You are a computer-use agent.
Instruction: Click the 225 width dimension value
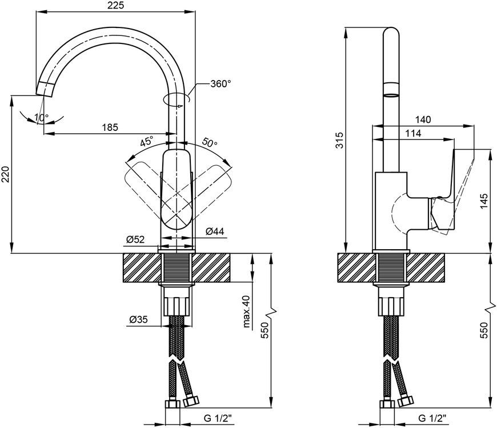[x=116, y=5]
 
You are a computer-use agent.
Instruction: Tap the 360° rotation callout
[x=221, y=84]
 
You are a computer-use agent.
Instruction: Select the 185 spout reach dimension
[x=110, y=127]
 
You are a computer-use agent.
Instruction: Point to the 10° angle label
[x=42, y=118]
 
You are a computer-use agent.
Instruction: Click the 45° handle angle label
[x=147, y=141]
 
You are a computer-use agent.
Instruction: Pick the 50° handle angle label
[x=210, y=142]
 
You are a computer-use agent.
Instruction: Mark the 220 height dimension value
[x=6, y=174]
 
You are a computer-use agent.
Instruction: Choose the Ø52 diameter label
[x=135, y=239]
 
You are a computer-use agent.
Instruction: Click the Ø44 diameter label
[x=215, y=231]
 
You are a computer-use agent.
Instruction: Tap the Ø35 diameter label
[x=138, y=319]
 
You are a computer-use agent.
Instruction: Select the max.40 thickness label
[x=246, y=311]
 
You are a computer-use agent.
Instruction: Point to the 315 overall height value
[x=339, y=140]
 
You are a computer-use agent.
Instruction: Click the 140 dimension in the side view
[x=423, y=119]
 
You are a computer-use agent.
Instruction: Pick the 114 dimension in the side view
[x=413, y=134]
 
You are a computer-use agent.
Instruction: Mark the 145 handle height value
[x=484, y=201]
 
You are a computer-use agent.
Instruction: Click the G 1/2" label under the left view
[x=218, y=418]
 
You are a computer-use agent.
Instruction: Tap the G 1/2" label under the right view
[x=432, y=418]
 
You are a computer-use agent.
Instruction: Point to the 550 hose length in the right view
[x=484, y=330]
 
